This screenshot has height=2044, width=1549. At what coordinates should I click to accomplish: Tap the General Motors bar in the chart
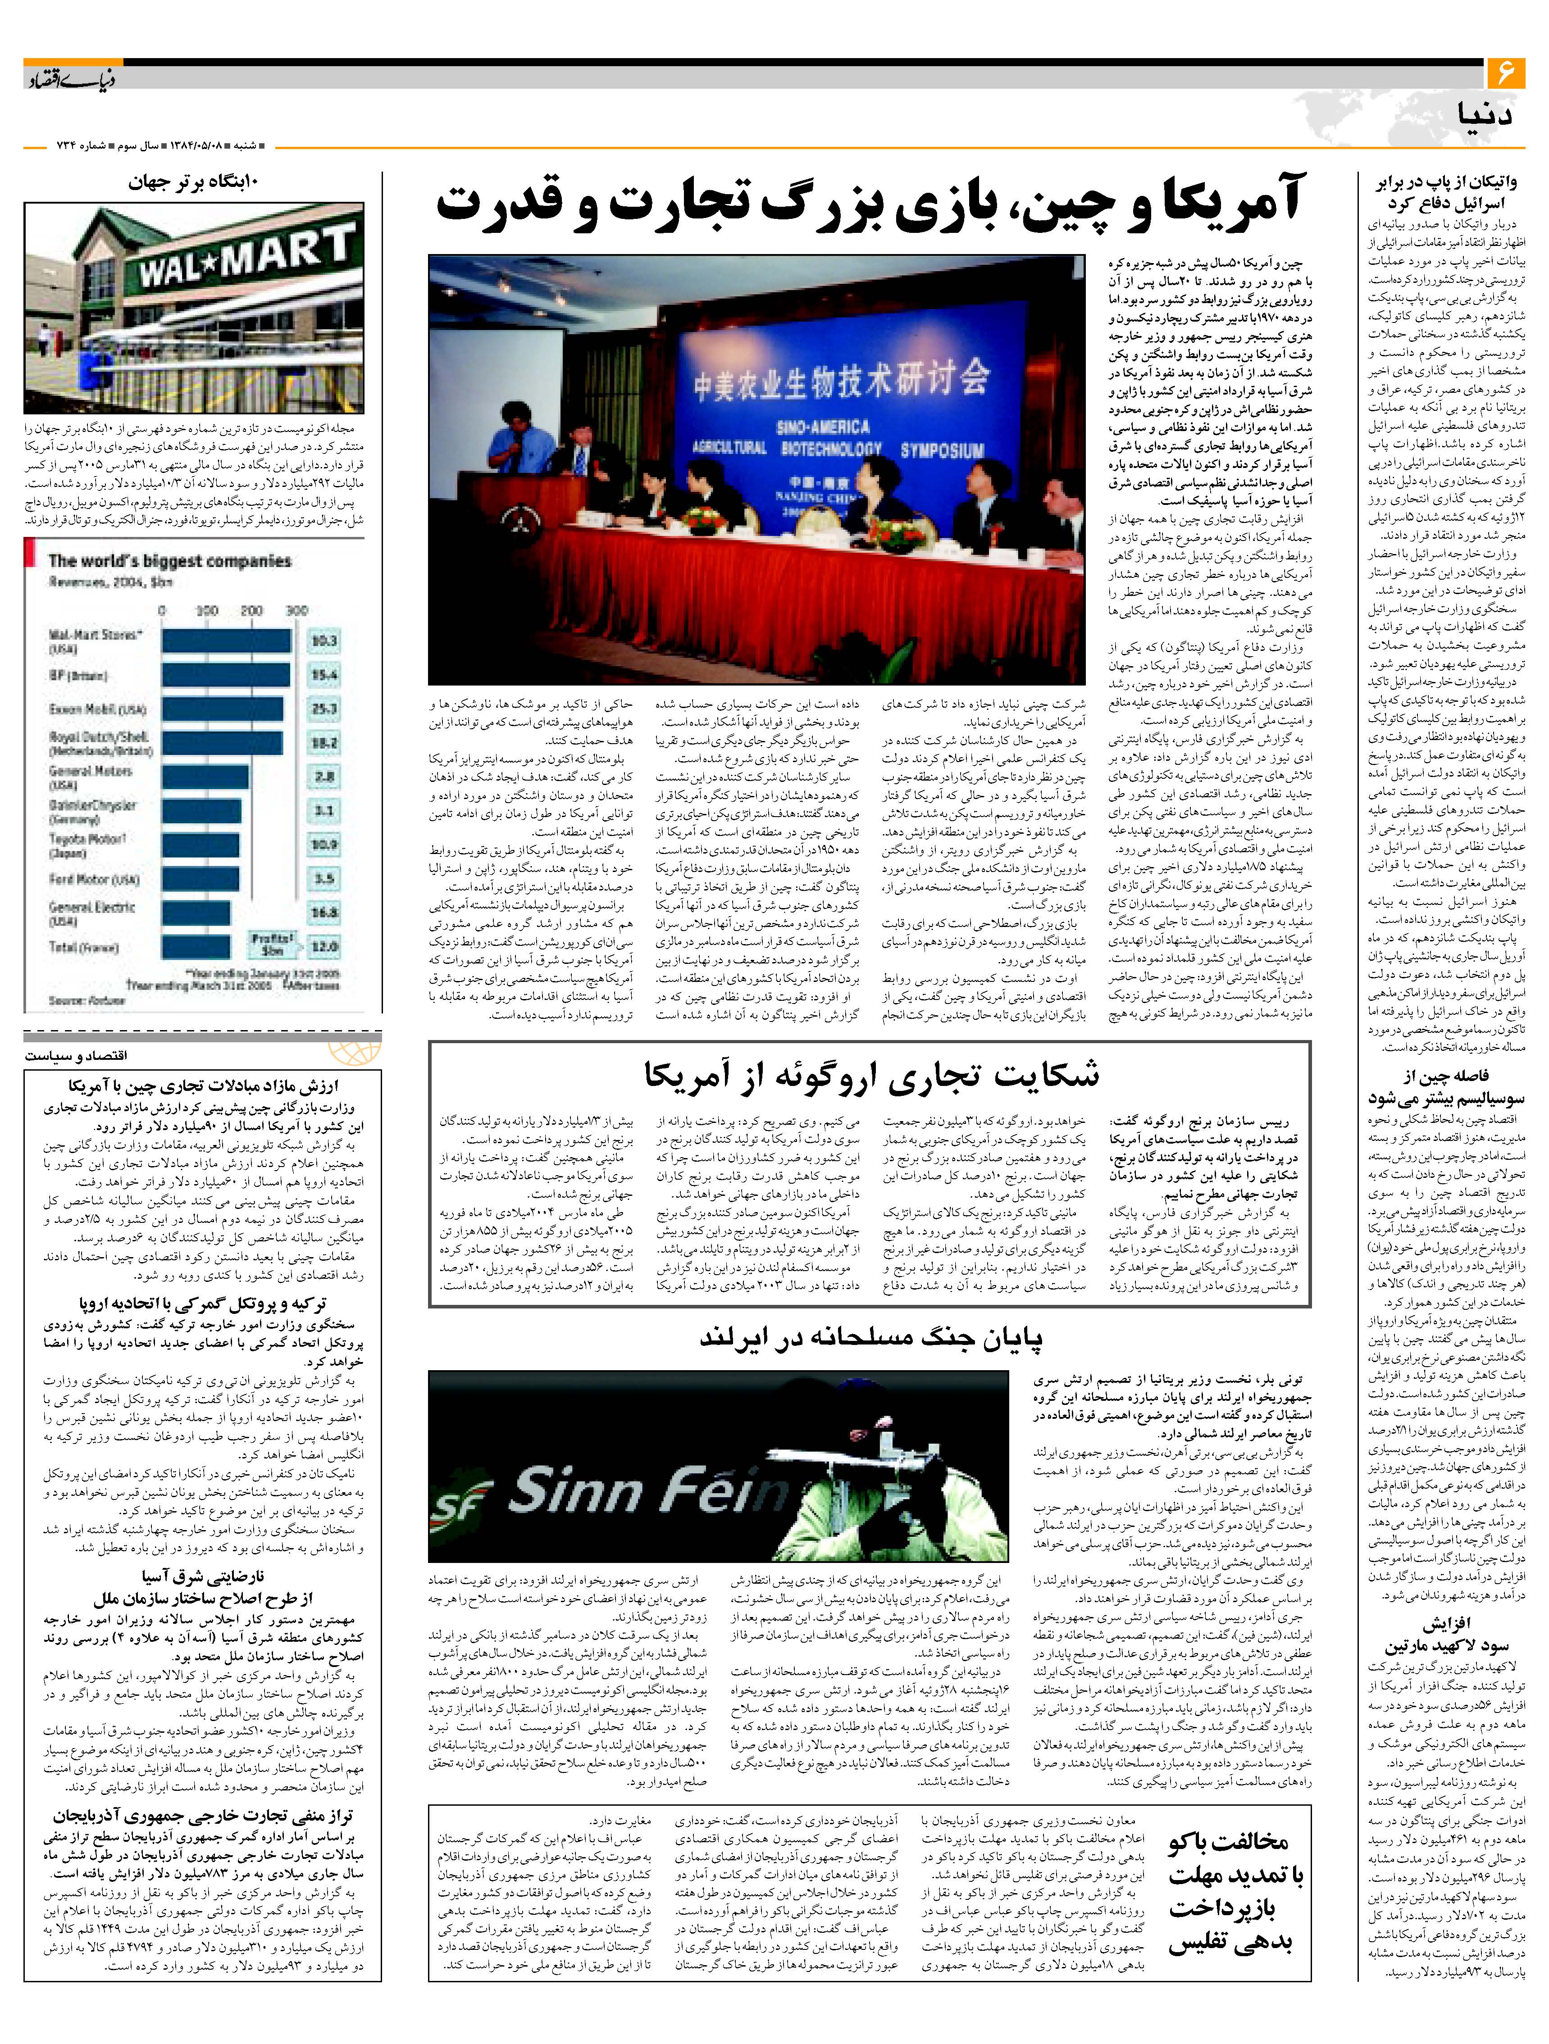pyautogui.click(x=205, y=776)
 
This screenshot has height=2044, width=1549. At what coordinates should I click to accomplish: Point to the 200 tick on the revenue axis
pyautogui.click(x=251, y=611)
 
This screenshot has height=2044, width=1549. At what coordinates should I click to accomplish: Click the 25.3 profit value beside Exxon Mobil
pyautogui.click(x=323, y=709)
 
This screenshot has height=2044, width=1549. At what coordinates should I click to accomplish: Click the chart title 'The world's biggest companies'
pyautogui.click(x=169, y=561)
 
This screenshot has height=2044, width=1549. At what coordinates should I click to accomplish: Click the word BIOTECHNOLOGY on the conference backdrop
pyautogui.click(x=831, y=449)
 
